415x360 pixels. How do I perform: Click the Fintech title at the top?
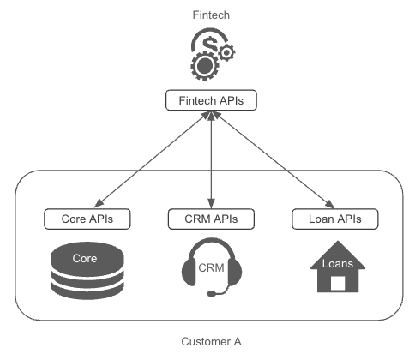pos(211,15)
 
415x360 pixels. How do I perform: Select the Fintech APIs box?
pos(211,100)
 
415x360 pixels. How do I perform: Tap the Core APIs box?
pos(87,219)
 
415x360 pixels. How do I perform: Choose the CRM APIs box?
pos(211,219)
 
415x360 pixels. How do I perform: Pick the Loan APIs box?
pos(335,219)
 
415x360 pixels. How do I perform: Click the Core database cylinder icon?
pos(87,271)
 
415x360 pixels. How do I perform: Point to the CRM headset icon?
pos(212,267)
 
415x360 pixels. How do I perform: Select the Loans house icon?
pos(338,267)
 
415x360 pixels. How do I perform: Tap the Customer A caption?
pos(211,341)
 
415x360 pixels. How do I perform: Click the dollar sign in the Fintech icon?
pos(210,44)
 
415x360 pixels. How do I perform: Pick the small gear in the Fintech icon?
pos(226,52)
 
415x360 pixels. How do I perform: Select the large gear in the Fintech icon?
pos(205,66)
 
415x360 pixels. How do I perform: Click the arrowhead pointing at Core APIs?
pos(99,203)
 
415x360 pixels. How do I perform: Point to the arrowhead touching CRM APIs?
pos(211,204)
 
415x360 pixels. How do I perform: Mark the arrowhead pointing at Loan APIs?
pos(330,204)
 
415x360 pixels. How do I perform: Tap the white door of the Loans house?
pos(338,283)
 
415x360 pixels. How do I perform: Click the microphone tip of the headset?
pos(212,293)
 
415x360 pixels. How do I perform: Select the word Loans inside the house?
pos(338,263)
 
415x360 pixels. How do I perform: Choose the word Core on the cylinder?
pos(85,258)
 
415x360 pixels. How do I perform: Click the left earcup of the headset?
pos(189,272)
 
